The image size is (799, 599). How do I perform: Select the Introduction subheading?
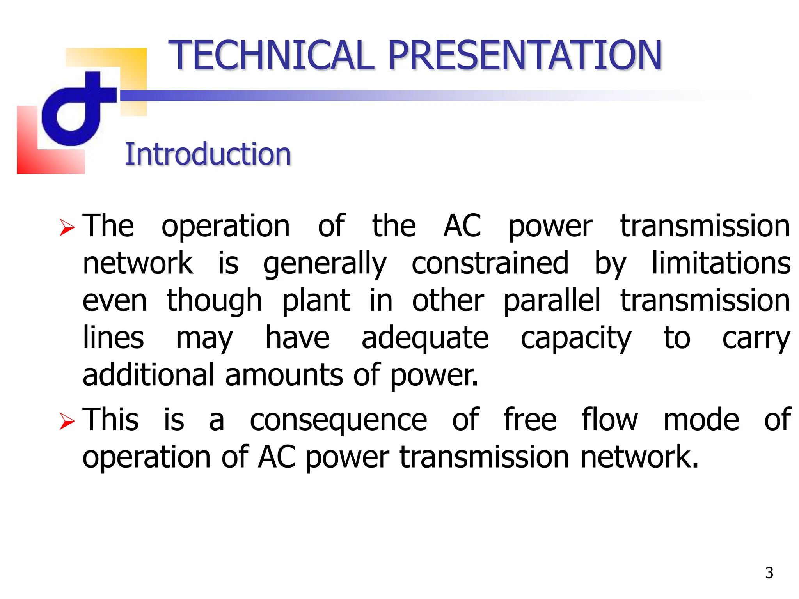[x=208, y=154]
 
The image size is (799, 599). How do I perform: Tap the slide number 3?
[x=769, y=573]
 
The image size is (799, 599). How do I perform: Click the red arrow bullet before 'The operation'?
[x=67, y=227]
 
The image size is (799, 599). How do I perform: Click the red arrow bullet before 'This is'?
[x=67, y=421]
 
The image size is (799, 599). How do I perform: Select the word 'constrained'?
[x=490, y=263]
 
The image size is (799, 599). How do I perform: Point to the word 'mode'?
[x=701, y=420]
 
